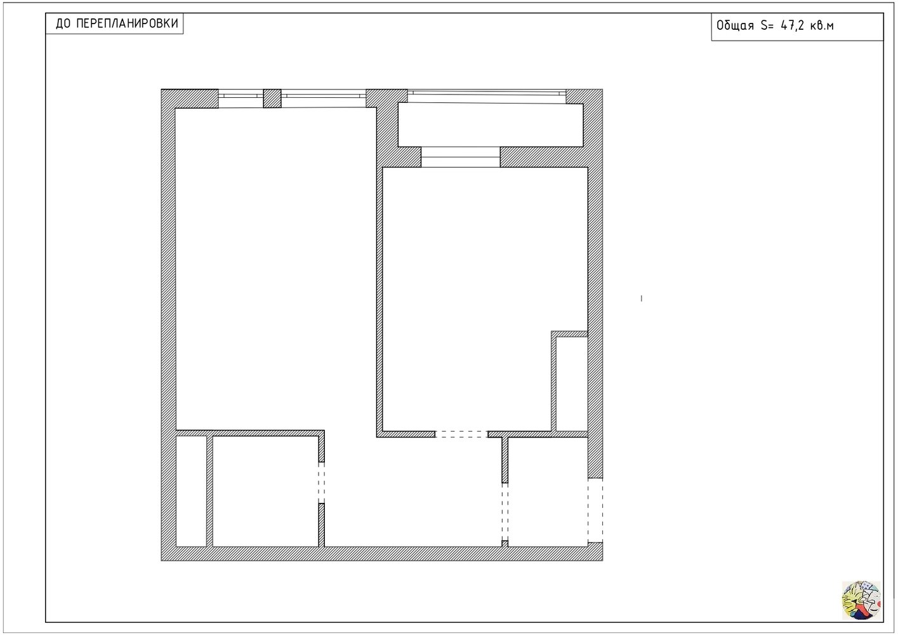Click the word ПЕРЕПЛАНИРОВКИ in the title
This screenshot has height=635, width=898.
127,23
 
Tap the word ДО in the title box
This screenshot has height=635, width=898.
63,23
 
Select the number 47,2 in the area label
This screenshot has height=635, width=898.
792,25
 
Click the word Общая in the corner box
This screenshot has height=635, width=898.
735,25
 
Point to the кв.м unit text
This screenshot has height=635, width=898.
822,26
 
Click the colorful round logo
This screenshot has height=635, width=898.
861,600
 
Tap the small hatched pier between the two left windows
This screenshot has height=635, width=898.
272,98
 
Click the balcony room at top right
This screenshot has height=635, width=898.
491,124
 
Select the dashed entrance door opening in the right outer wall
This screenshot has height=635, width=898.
595,511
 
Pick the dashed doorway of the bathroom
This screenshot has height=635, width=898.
322,483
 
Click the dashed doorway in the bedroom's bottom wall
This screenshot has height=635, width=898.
461,434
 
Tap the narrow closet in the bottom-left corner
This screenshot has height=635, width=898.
191,491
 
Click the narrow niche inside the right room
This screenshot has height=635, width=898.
572,384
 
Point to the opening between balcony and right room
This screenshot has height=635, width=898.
461,157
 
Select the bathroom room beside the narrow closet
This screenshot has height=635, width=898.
265,491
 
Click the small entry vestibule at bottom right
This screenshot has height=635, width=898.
548,491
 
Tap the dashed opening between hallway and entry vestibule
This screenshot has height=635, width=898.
505,512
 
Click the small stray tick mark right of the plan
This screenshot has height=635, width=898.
642,298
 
